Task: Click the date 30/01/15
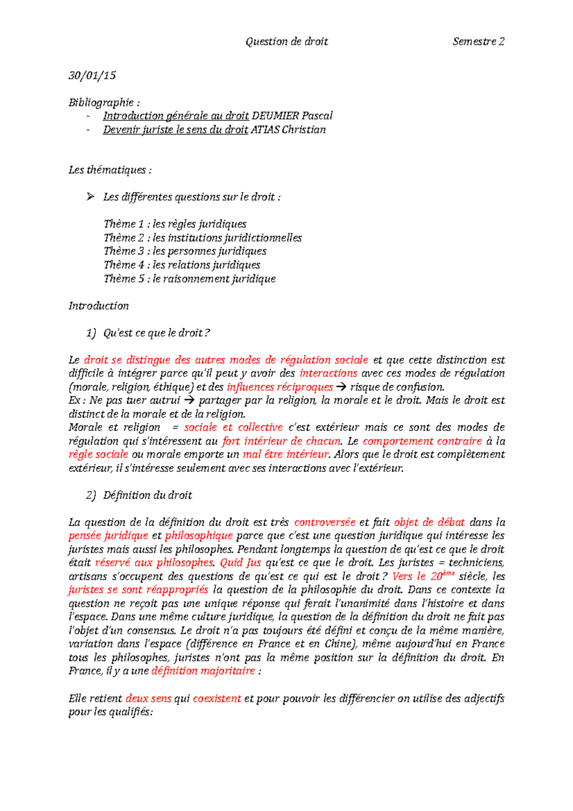(x=92, y=75)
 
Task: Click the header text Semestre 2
(x=478, y=42)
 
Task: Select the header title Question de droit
(x=286, y=42)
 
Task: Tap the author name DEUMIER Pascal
(x=292, y=116)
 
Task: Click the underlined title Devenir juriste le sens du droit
(x=175, y=129)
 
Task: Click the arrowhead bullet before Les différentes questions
(x=90, y=197)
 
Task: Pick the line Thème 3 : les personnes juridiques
(x=185, y=251)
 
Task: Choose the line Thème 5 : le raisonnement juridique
(x=190, y=278)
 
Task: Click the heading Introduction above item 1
(x=98, y=306)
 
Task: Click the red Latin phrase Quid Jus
(x=240, y=563)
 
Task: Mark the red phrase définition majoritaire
(x=203, y=671)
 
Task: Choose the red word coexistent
(x=217, y=698)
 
